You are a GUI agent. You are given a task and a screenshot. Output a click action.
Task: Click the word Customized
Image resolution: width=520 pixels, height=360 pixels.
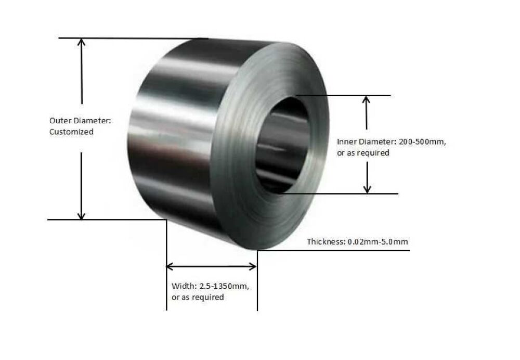tap(71, 132)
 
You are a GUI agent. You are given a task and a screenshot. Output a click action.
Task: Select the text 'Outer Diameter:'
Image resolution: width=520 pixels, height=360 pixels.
tap(80, 121)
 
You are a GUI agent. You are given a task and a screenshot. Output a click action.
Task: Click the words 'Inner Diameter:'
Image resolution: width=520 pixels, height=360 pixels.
tap(366, 142)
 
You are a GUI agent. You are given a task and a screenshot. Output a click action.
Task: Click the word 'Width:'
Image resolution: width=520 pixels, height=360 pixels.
tap(183, 286)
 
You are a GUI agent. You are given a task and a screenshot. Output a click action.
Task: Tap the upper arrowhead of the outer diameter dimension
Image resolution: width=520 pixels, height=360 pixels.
tap(81, 42)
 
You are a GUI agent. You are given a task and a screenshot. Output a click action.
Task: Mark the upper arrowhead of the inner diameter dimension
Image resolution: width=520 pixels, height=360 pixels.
tap(367, 99)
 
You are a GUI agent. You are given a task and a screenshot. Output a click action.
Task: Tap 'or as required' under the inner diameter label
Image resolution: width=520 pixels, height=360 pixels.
tap(363, 153)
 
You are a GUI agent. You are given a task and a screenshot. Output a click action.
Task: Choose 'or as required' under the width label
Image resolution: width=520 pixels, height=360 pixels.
tap(198, 298)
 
